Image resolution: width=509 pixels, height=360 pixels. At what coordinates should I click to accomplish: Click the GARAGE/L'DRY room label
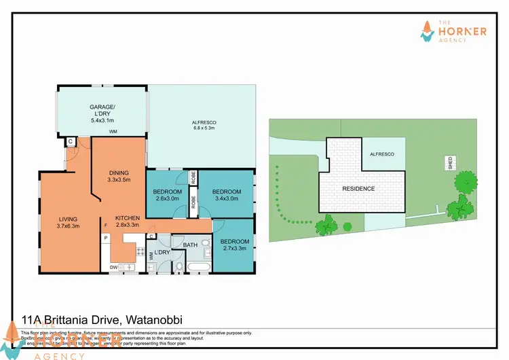[x=102, y=111]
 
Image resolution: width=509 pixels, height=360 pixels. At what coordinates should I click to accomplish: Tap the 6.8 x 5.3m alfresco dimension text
[x=204, y=127]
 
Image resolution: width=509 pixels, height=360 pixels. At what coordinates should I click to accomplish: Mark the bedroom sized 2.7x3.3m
[x=235, y=245]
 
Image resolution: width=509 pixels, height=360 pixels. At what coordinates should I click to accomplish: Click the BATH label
[x=190, y=243]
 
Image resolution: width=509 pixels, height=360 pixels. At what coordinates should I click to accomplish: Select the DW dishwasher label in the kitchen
[x=113, y=268]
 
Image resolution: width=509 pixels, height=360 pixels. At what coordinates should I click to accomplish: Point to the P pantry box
[x=106, y=238]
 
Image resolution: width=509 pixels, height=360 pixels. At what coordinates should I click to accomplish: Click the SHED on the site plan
[x=449, y=163]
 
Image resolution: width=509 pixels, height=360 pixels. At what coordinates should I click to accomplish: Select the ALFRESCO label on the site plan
[x=381, y=154]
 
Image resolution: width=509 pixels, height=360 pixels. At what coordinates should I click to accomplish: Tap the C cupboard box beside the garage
[x=71, y=141]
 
